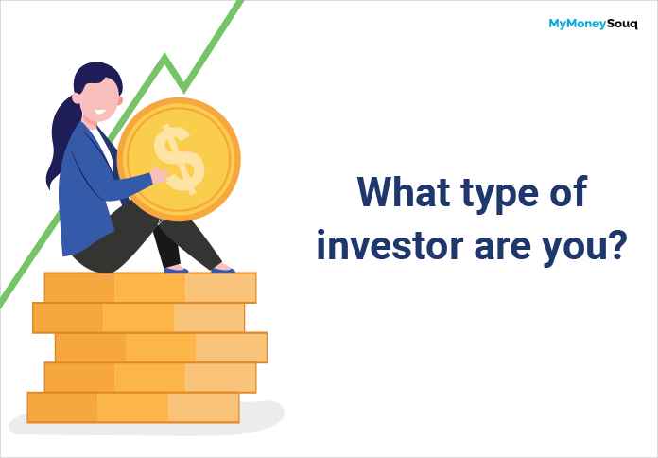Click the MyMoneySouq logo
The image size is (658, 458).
(x=593, y=25)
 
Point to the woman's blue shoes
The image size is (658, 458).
(x=223, y=270)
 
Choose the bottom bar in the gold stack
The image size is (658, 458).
(x=133, y=407)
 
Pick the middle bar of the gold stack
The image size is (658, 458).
(x=161, y=347)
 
